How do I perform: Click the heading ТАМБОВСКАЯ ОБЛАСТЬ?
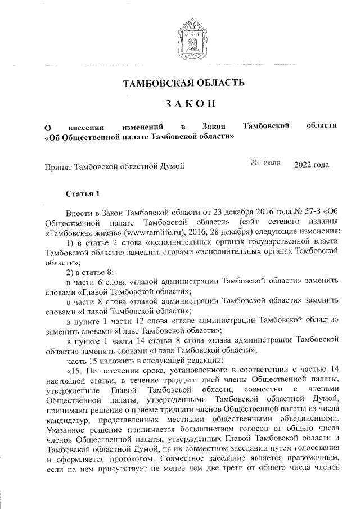click(x=184, y=84)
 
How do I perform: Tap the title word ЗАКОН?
click(x=183, y=104)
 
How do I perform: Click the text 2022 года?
click(x=311, y=165)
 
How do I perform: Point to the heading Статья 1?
click(x=83, y=194)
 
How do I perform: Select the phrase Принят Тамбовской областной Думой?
click(x=114, y=166)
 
